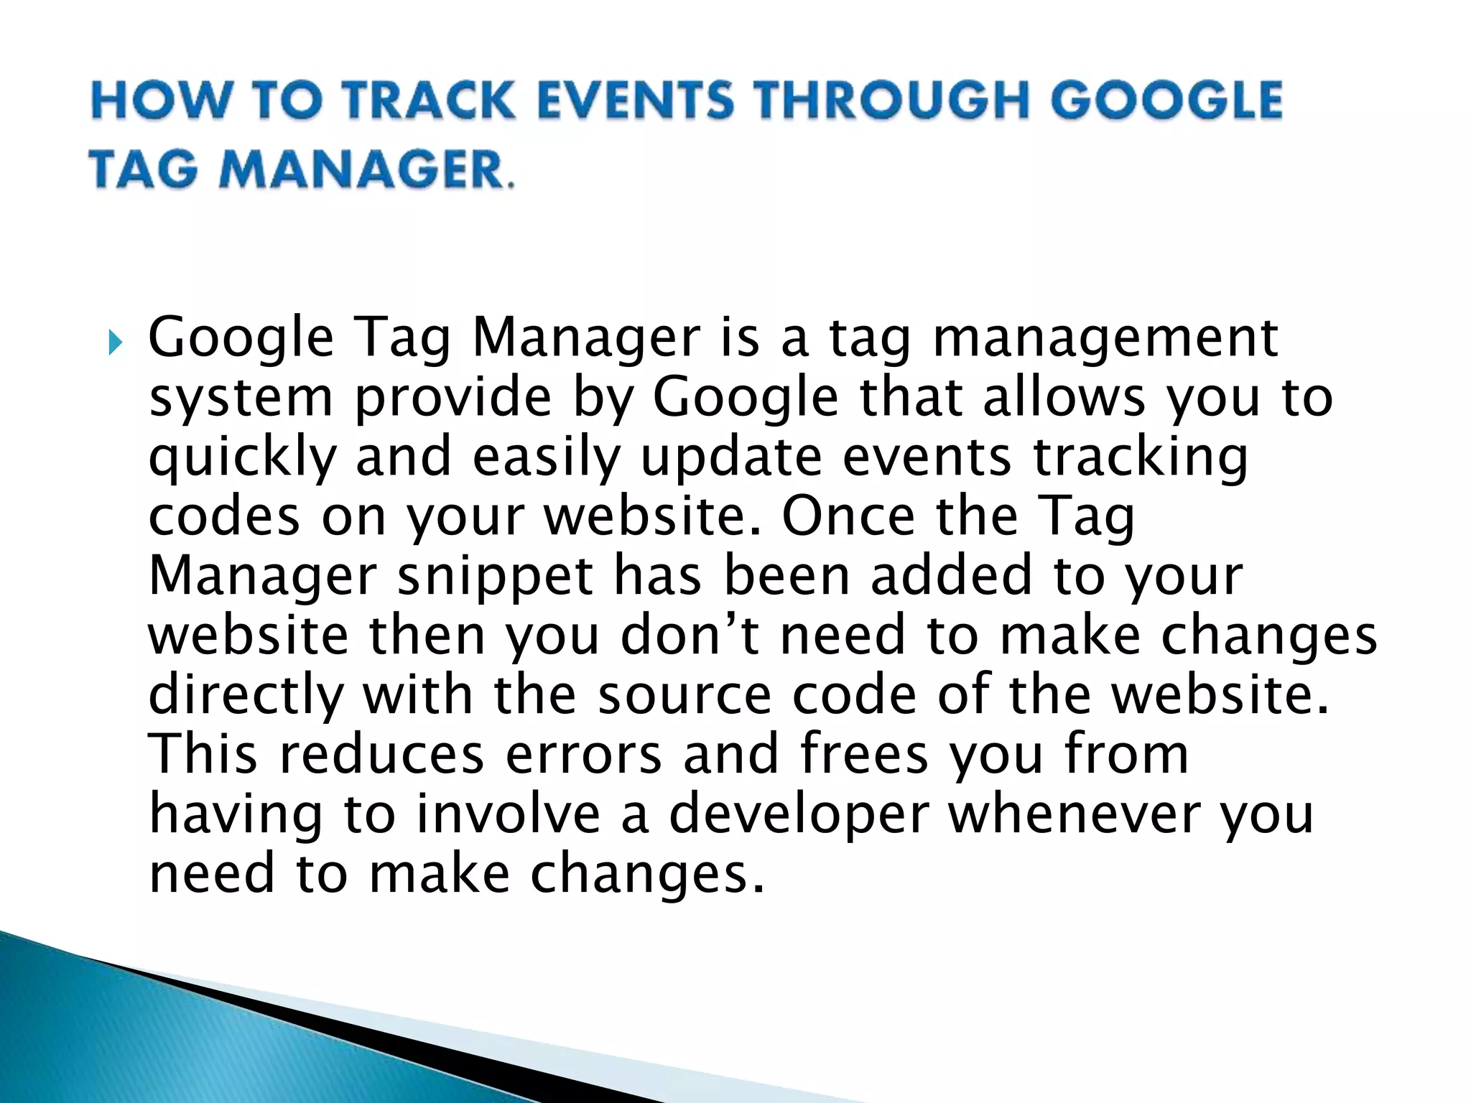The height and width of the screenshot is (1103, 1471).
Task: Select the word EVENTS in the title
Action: point(636,100)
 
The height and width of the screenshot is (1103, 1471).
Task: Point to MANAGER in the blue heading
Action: point(363,171)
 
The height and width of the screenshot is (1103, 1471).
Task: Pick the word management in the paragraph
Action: point(1104,338)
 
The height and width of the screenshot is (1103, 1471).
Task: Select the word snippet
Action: point(496,576)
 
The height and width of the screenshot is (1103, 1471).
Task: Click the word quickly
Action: point(242,457)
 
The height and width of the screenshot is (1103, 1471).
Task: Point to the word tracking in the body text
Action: point(1140,457)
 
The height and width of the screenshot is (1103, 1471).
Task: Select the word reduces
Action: point(381,755)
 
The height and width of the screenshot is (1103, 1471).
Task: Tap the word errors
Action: point(583,755)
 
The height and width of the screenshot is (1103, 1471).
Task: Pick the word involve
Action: point(508,814)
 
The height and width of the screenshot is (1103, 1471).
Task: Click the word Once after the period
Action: point(848,516)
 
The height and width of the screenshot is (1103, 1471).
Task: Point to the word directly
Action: point(246,695)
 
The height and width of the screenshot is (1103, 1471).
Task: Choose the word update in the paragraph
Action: point(730,457)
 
